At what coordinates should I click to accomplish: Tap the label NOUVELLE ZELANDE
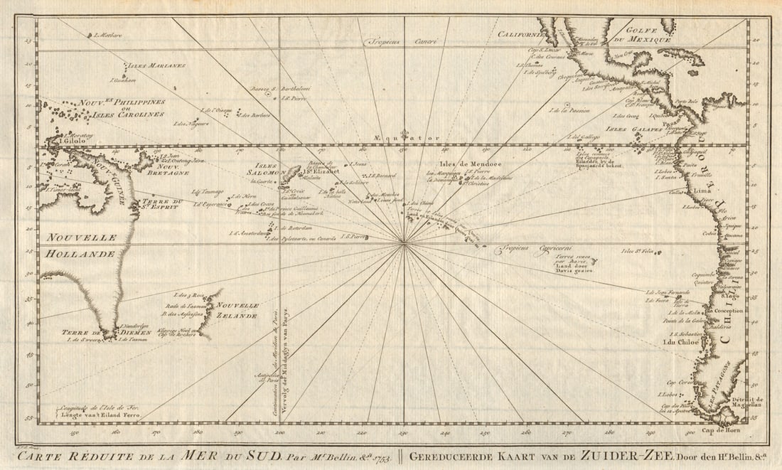point(238,310)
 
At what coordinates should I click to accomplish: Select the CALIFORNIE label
point(521,34)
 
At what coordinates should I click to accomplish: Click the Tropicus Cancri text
point(395,42)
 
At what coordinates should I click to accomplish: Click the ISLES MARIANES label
point(157,65)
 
